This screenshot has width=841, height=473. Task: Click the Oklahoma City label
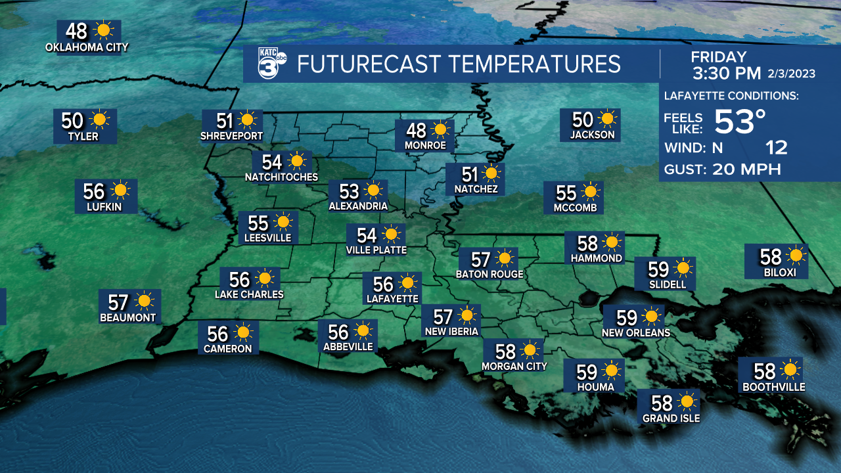[87, 47]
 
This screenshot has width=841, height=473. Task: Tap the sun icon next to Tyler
[100, 120]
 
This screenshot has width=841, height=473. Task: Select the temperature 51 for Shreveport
[225, 121]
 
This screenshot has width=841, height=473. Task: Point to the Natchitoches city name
[281, 177]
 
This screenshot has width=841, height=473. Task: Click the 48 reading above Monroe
[416, 130]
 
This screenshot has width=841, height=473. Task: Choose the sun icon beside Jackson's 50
[608, 120]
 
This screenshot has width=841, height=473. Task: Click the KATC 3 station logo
[271, 64]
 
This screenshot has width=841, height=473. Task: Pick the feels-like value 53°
[740, 122]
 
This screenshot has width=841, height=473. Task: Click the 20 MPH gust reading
[746, 169]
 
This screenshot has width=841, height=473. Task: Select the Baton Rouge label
[489, 275]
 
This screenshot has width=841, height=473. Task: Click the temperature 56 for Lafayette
[383, 284]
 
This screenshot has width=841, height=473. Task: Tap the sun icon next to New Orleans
[652, 317]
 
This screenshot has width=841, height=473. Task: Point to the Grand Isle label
[671, 418]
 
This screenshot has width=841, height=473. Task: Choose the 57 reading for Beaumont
[118, 302]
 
